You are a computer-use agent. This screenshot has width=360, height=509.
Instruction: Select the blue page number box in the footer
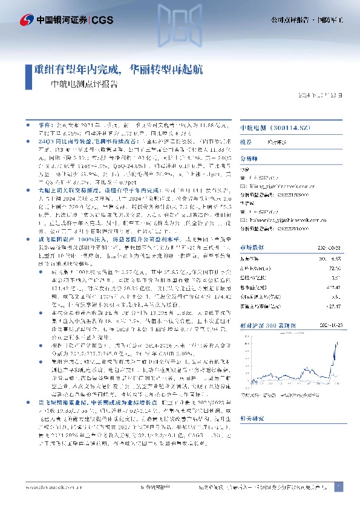pyautogui.click(x=338, y=486)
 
